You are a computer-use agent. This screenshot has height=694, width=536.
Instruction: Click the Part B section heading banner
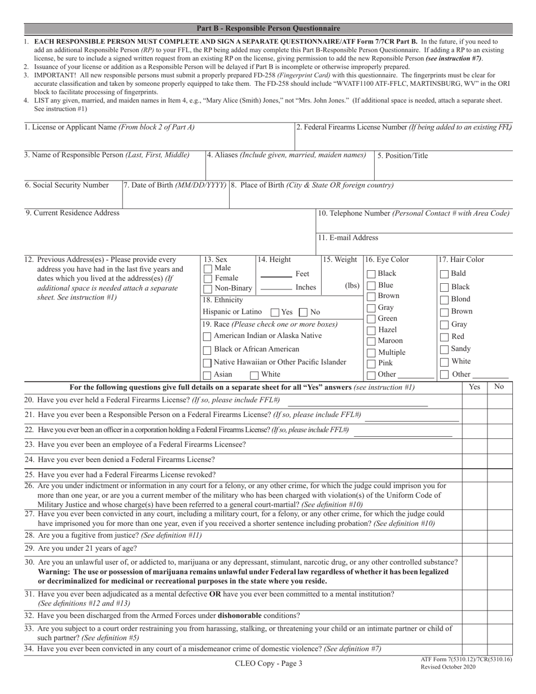pos(268,28)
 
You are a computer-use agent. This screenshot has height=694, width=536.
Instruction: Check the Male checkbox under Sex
pos(208,269)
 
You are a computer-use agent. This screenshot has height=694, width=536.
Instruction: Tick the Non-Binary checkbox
pos(208,288)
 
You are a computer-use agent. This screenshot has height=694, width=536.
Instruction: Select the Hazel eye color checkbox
pos(371,330)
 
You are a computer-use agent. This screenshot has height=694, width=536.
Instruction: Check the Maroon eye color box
pos(371,341)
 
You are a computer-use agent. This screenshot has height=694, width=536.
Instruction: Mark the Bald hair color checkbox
pos(445,274)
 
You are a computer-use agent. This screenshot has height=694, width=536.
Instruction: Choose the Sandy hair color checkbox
pos(445,349)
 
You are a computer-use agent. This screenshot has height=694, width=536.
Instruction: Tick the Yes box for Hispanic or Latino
pos(275,312)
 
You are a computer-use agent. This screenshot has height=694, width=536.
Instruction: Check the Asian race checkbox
pos(208,375)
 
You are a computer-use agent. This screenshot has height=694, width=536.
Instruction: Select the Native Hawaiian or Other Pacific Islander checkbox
pos(208,363)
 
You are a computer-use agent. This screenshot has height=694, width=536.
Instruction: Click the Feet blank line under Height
pos(276,276)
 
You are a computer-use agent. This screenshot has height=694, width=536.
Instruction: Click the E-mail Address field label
pos(348,238)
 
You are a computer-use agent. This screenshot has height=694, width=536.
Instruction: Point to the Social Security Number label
pos(67,185)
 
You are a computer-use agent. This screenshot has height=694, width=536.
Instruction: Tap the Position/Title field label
pos(403,156)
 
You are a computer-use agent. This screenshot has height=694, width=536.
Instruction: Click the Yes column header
pos(475,386)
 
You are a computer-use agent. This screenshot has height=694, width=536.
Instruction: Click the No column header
pos(499,386)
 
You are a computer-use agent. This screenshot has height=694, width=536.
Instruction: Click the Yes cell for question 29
pos(475,548)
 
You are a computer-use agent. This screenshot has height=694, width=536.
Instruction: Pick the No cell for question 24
pos(499,460)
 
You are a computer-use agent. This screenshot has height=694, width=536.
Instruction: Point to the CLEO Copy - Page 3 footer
pos(269,664)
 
